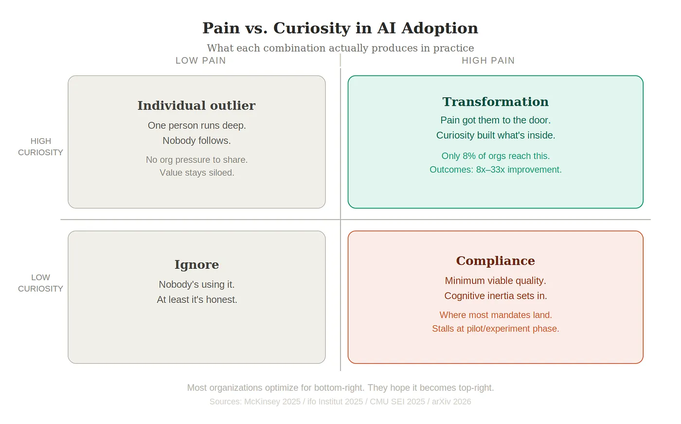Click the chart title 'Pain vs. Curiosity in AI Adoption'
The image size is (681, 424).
point(340,28)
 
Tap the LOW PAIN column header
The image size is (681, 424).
point(200,61)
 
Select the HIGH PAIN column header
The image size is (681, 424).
point(488,61)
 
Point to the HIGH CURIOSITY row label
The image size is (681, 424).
point(40,147)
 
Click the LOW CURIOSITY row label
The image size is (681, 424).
point(40,283)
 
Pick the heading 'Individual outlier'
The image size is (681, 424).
point(197,106)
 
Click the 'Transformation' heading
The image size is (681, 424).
point(495,102)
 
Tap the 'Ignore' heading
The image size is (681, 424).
point(197,265)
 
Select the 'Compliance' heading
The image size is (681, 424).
point(495,261)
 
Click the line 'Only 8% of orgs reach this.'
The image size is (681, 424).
point(495,156)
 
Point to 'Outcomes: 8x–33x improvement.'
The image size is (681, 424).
point(495,170)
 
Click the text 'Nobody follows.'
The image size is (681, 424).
point(197,141)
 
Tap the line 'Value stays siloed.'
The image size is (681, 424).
point(197,173)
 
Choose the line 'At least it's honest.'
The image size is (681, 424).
point(197,300)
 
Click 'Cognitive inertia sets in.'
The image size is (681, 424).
point(495,296)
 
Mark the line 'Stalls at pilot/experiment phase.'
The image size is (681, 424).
point(495,329)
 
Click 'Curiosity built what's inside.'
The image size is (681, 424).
point(495,135)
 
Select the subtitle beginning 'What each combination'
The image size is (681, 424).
point(340,48)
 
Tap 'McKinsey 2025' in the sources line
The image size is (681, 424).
point(272,402)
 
